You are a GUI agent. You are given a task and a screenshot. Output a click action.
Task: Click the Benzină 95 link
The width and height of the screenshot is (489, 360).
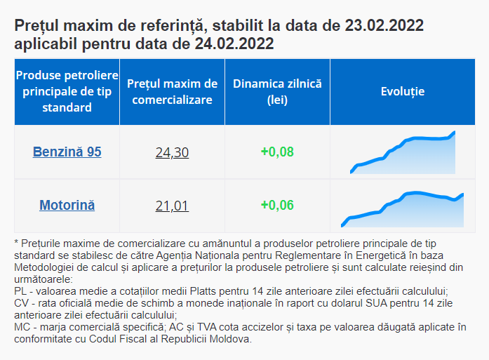click(x=67, y=152)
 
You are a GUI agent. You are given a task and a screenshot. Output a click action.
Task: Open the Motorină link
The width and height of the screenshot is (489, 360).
click(x=67, y=206)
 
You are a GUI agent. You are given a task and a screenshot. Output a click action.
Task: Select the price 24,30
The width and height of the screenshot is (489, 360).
click(x=172, y=152)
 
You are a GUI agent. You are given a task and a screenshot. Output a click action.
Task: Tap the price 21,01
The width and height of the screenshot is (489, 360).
click(x=172, y=206)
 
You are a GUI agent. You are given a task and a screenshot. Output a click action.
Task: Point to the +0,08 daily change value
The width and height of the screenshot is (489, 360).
click(x=277, y=152)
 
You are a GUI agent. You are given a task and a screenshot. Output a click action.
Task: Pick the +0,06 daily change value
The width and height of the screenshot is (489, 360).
click(x=277, y=206)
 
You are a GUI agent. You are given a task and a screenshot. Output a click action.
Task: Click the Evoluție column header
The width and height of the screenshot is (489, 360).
click(x=403, y=92)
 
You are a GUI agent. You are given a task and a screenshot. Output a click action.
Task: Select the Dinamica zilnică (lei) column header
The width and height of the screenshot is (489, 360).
click(x=277, y=92)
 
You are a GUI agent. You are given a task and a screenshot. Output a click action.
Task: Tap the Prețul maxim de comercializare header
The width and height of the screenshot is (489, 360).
click(x=173, y=92)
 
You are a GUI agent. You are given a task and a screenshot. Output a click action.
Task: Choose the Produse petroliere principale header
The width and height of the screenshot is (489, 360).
click(x=67, y=92)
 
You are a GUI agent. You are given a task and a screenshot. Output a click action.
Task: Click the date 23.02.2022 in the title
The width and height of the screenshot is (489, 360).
click(x=384, y=27)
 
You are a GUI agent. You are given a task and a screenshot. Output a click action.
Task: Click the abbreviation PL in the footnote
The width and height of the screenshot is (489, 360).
click(x=21, y=291)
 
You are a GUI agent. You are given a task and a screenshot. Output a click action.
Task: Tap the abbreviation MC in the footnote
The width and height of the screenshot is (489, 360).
click(x=22, y=327)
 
